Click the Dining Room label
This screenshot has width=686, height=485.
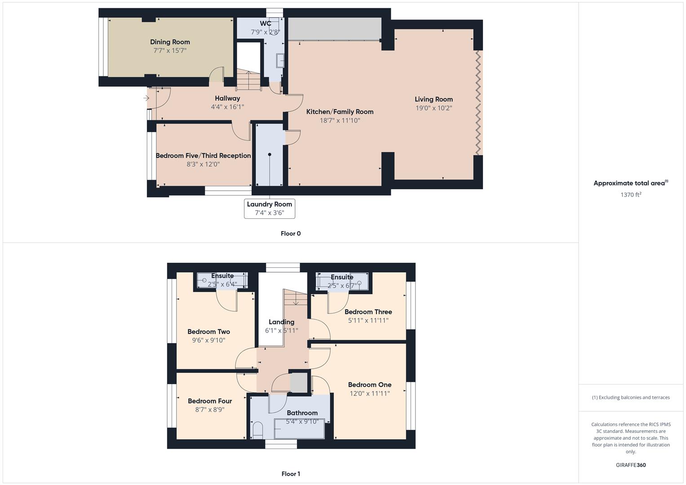pos(170,42)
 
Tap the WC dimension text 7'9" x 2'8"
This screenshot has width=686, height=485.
pos(266,32)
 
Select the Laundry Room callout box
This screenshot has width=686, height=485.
pos(270,208)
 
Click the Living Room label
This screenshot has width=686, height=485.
pos(434,99)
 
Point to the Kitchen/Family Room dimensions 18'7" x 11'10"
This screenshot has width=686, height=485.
pos(340,120)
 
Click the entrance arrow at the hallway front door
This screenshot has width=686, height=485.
pos(146,98)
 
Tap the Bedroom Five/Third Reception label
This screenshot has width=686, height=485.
pos(203,155)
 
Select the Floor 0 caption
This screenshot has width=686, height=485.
pos(291,234)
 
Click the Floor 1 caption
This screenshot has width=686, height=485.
pos(291,474)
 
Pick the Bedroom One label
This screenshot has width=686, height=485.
pos(369,384)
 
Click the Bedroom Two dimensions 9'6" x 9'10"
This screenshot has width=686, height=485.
pos(208,340)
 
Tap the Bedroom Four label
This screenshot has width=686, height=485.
pos(210,401)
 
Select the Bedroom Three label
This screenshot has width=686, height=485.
pos(368,312)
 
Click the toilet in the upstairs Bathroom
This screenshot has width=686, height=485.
pos(257,430)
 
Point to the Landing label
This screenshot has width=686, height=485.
pos(281,322)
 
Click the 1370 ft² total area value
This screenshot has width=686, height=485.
pos(631,194)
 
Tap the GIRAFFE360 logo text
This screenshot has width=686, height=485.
pos(631,465)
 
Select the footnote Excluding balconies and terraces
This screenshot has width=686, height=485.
pos(631,397)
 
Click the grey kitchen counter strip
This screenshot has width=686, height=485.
pos(334,29)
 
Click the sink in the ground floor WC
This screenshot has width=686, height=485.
pos(280,60)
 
